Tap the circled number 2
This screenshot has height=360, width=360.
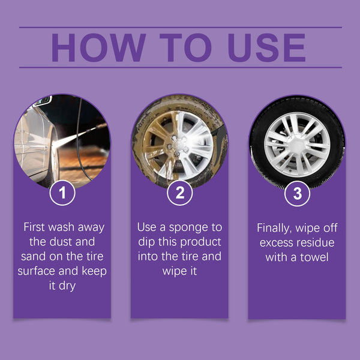click(x=179, y=194)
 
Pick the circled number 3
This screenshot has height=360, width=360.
click(x=297, y=194)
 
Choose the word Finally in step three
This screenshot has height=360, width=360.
click(x=275, y=228)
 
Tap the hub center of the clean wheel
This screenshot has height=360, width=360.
click(x=297, y=143)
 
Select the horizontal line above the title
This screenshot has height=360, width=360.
click(x=180, y=27)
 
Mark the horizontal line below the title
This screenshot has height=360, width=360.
click(x=180, y=67)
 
